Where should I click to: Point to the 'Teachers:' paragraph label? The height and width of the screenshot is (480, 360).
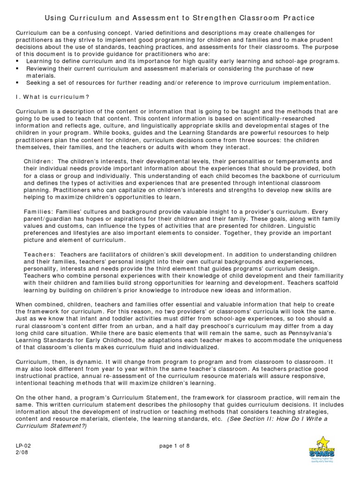point(39,254)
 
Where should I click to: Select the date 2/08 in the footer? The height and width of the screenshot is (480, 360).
point(22,453)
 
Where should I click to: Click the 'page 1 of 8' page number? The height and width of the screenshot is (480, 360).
point(174,446)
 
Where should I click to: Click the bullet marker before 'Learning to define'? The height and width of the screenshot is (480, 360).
point(18,61)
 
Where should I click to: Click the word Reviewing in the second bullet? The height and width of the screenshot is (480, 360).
point(41,68)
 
